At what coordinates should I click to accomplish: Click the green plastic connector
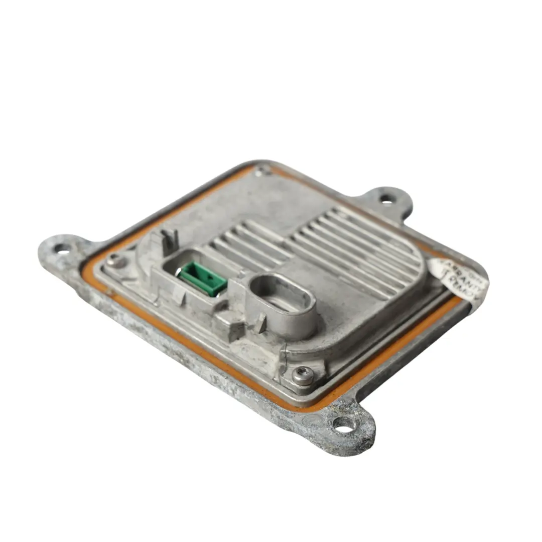pyautogui.click(x=204, y=278)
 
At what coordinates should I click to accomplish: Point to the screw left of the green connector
pyautogui.click(x=116, y=260)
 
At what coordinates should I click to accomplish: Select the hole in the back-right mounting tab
pyautogui.click(x=386, y=199)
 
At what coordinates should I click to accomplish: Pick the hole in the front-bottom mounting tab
pyautogui.click(x=344, y=425)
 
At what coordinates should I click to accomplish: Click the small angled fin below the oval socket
pyautogui.click(x=260, y=324)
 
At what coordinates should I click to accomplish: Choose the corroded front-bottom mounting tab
pyautogui.click(x=346, y=427)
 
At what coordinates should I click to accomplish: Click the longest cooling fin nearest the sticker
pyautogui.click(x=381, y=251)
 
